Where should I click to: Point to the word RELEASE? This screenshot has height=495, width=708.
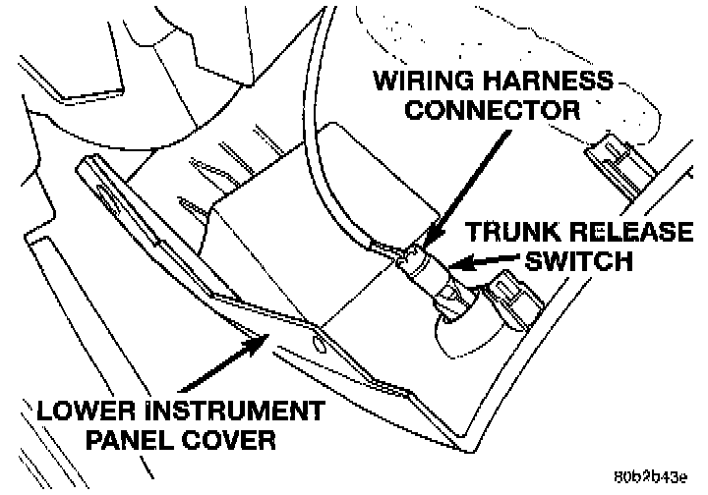(629, 234)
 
